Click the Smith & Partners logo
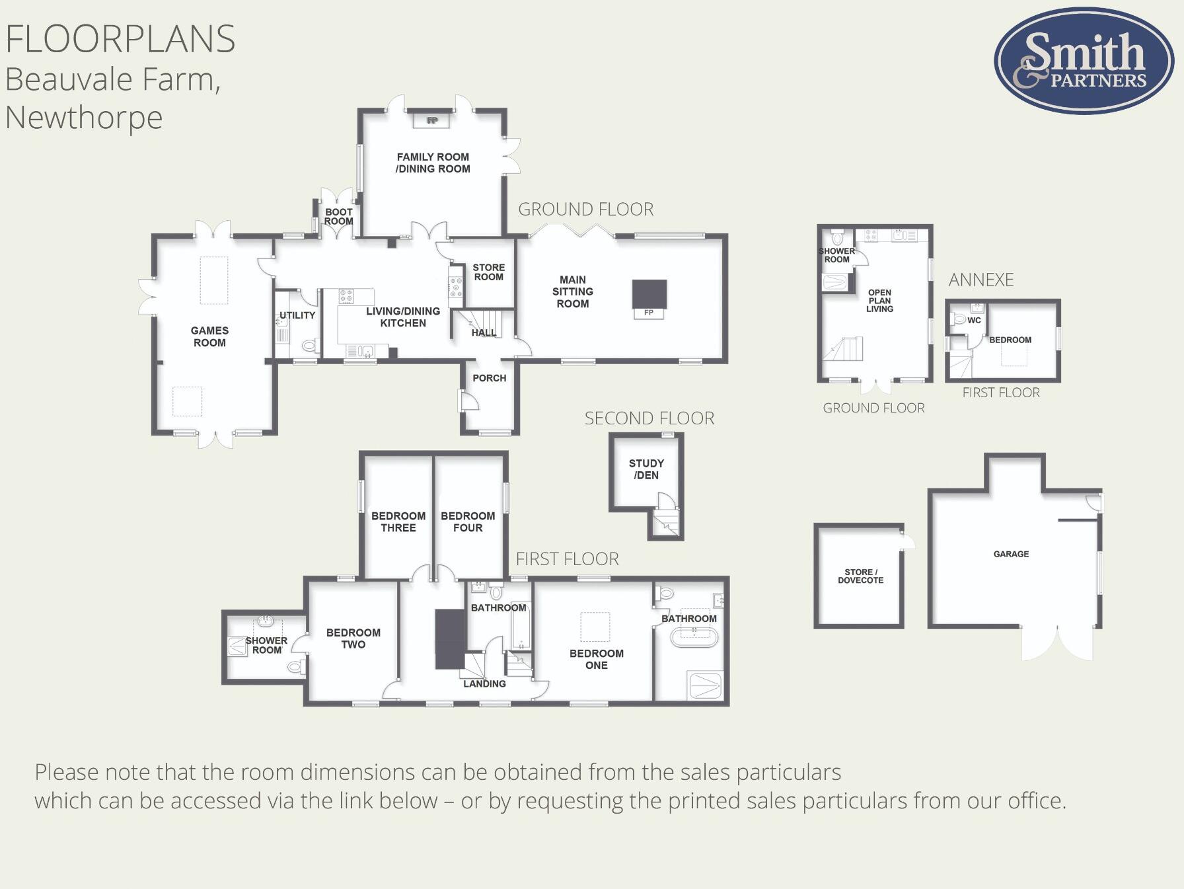tap(1084, 61)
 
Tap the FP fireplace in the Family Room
tap(432, 120)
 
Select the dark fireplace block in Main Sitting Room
tap(649, 294)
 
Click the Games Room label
tap(209, 336)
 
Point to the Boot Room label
tap(339, 217)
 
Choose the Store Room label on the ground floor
tap(489, 272)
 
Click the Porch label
tap(490, 378)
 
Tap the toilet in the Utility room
tap(310, 345)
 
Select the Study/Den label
tap(646, 469)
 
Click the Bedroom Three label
tap(398, 522)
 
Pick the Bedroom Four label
tap(468, 522)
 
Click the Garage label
tap(1011, 554)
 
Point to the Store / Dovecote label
tap(860, 576)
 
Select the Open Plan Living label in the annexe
tap(879, 301)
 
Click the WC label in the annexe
tap(974, 321)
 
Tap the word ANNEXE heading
tap(981, 280)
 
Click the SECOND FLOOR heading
tap(649, 418)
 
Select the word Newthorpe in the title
tap(84, 118)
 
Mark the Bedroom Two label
tap(353, 638)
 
